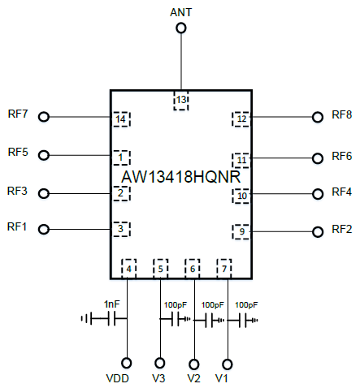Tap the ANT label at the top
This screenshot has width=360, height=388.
point(181,12)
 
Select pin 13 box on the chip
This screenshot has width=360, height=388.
point(181,101)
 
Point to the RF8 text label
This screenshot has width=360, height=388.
point(342,114)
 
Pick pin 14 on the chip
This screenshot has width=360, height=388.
point(121,119)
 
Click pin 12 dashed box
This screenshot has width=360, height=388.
point(241,119)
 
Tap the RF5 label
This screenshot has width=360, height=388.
point(18,152)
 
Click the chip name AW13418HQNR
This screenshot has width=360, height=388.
point(181,177)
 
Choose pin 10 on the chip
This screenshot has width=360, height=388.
point(241,196)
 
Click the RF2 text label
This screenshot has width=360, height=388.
point(342,229)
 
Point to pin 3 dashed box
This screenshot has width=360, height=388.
point(121,229)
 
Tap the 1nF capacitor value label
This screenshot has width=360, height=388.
point(111,304)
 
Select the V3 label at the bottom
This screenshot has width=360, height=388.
point(158,378)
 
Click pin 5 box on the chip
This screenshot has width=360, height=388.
point(161,269)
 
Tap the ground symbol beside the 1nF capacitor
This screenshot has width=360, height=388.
point(86,318)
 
